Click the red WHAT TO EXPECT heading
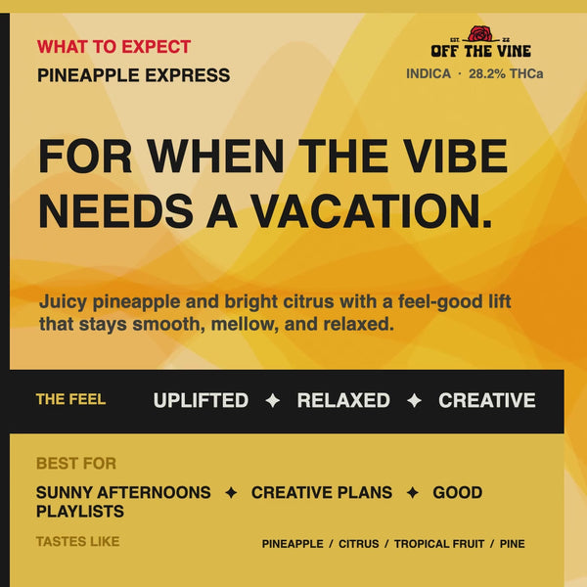pos(113,47)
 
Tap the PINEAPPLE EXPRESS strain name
pos(134,75)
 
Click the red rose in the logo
pos(480,33)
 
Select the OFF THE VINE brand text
pos(480,51)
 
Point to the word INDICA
pos(429,73)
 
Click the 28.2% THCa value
pos(506,73)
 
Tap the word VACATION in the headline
pos(372,210)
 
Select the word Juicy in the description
pos(63,302)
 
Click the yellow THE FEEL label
pos(70,399)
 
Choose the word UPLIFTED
pos(201,400)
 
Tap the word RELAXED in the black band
pos(343,400)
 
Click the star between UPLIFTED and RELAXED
pos(273,400)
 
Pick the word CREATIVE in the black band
pos(486,400)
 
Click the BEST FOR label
pos(76,464)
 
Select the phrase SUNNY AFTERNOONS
pos(123,493)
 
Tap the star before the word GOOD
pos(413,493)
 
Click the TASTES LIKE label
pos(78,541)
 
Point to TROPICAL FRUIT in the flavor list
pos(439,544)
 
